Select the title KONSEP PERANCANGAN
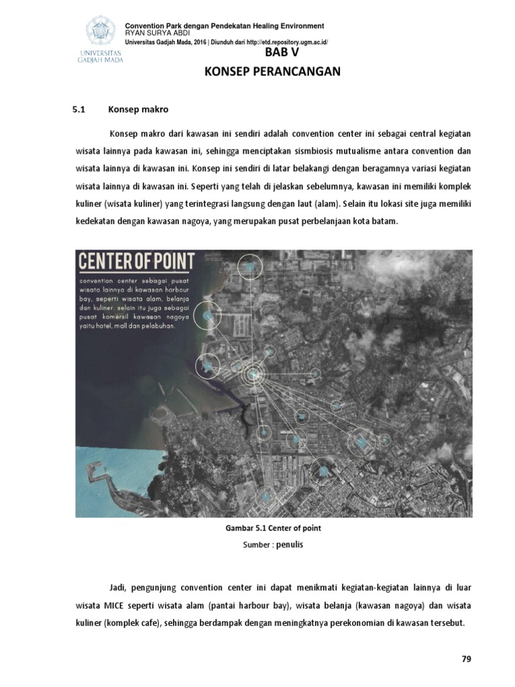click(272, 72)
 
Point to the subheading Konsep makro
click(138, 109)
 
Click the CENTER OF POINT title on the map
click(137, 261)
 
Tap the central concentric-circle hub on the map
click(253, 374)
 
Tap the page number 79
click(467, 659)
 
